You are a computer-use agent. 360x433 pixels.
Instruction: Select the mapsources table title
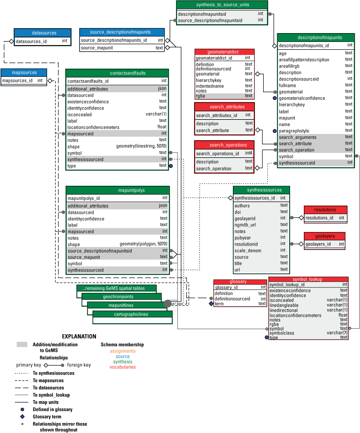(x=24, y=72)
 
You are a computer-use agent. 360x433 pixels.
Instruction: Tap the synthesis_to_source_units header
(x=222, y=5)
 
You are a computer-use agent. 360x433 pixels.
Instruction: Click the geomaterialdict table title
(x=225, y=53)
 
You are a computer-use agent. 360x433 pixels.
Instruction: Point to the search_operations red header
(x=225, y=145)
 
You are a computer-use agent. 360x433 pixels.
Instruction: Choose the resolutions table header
(x=325, y=210)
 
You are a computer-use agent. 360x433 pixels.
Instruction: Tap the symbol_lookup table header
(x=308, y=280)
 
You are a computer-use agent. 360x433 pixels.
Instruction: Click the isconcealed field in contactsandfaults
(x=79, y=115)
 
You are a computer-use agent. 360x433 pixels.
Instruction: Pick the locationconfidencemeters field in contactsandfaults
(x=93, y=127)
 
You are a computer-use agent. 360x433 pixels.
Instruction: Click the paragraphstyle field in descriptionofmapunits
(x=294, y=131)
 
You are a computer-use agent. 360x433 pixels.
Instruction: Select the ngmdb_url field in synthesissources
(x=245, y=225)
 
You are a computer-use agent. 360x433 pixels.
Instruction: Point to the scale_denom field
(x=246, y=250)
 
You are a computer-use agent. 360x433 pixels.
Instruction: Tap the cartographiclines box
(x=132, y=314)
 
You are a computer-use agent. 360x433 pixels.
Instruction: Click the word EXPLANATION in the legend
(x=79, y=337)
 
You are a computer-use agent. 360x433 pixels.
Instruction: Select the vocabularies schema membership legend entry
(x=122, y=367)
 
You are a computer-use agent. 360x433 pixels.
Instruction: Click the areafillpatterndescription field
(x=304, y=60)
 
